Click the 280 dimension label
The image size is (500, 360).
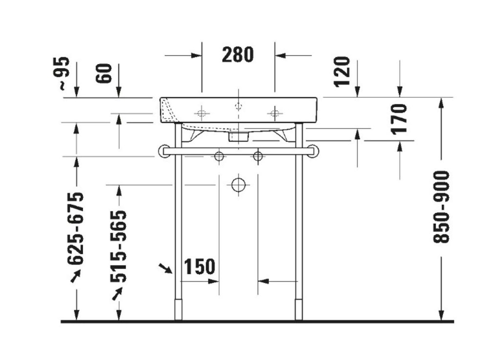click(x=238, y=55)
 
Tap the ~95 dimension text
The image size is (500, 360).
click(x=62, y=73)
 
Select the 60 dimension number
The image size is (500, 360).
click(x=105, y=73)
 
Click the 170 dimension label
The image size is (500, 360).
click(x=399, y=119)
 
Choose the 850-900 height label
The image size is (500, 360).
click(x=441, y=207)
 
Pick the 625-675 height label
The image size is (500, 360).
click(x=76, y=228)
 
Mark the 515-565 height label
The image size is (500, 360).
click(x=118, y=247)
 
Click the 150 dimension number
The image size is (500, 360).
click(x=200, y=267)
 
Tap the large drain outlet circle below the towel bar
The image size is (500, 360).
click(x=238, y=184)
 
